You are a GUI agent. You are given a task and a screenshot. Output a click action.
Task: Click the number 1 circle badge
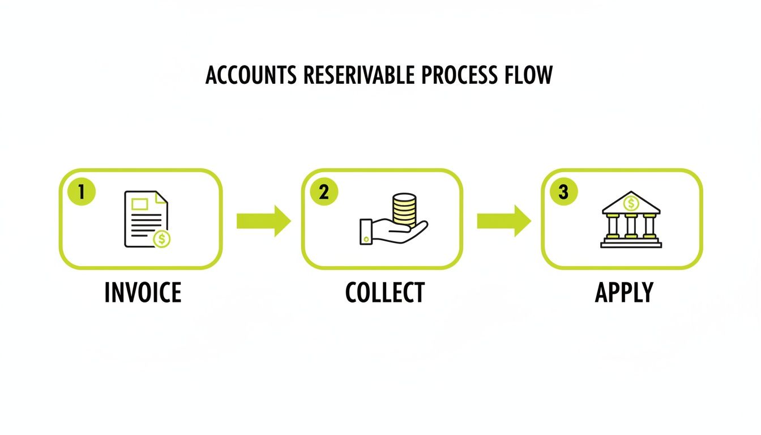point(82,192)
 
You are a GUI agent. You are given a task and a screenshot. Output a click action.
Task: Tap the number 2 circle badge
point(324,192)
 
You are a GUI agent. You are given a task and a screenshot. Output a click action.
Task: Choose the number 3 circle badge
point(563,192)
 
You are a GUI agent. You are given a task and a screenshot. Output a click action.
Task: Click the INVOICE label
point(143,292)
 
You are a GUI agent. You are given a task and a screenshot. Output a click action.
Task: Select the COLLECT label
point(384,292)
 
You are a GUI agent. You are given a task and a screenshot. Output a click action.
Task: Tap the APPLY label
point(624,292)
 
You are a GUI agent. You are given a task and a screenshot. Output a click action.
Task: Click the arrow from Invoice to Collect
point(263,221)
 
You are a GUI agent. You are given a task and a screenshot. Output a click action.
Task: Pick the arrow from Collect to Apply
point(503,221)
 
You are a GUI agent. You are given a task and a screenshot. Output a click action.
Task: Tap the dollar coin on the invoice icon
point(162,239)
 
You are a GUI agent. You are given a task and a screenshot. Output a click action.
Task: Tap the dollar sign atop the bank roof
point(630,202)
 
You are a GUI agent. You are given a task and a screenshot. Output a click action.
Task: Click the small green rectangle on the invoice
point(139,202)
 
